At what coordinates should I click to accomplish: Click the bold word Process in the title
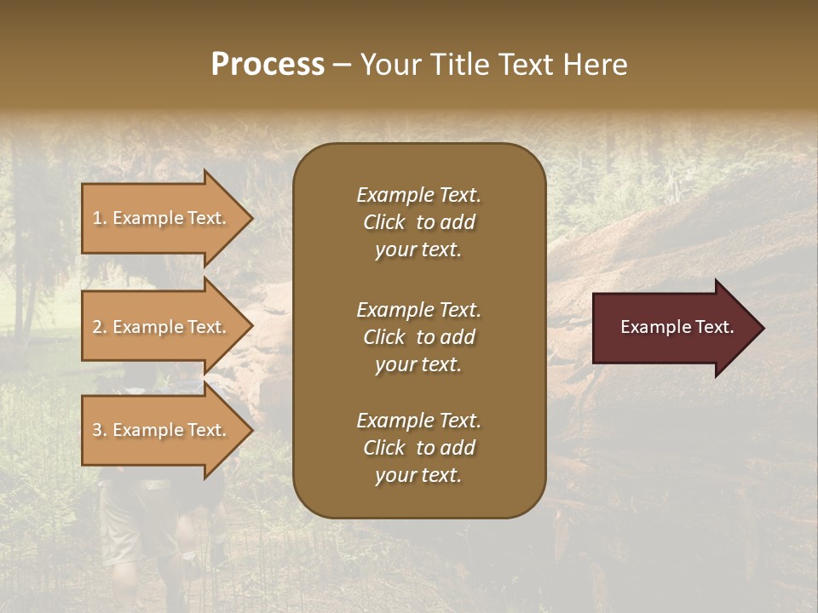pos(268,65)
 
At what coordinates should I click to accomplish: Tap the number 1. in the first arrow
pos(100,218)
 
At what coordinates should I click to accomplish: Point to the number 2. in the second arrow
pos(100,327)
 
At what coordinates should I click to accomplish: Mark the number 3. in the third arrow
pos(100,430)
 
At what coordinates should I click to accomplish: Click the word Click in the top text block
pos(384,222)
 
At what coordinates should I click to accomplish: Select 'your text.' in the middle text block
pos(418,364)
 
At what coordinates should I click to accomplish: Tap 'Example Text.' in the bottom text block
pos(418,421)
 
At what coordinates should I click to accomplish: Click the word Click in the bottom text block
pos(384,448)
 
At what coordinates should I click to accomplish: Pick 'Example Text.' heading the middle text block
pos(418,309)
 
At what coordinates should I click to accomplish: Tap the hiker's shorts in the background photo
pos(128,519)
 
